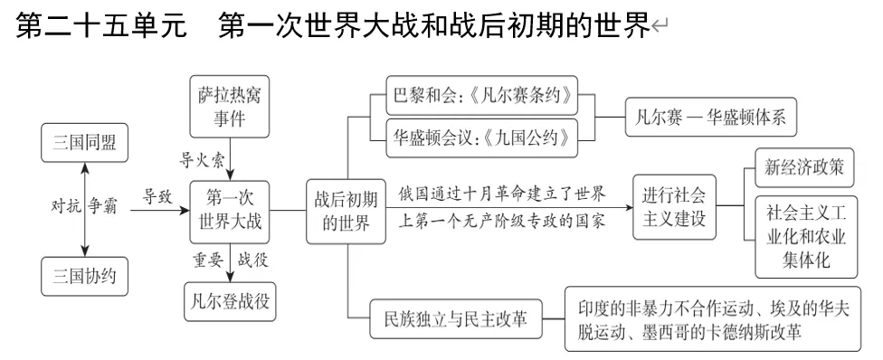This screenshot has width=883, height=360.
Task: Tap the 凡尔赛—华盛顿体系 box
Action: pyautogui.click(x=705, y=118)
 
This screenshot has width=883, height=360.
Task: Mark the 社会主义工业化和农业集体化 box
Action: pyautogui.click(x=805, y=238)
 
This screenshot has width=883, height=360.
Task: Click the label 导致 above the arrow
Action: pyautogui.click(x=157, y=194)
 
